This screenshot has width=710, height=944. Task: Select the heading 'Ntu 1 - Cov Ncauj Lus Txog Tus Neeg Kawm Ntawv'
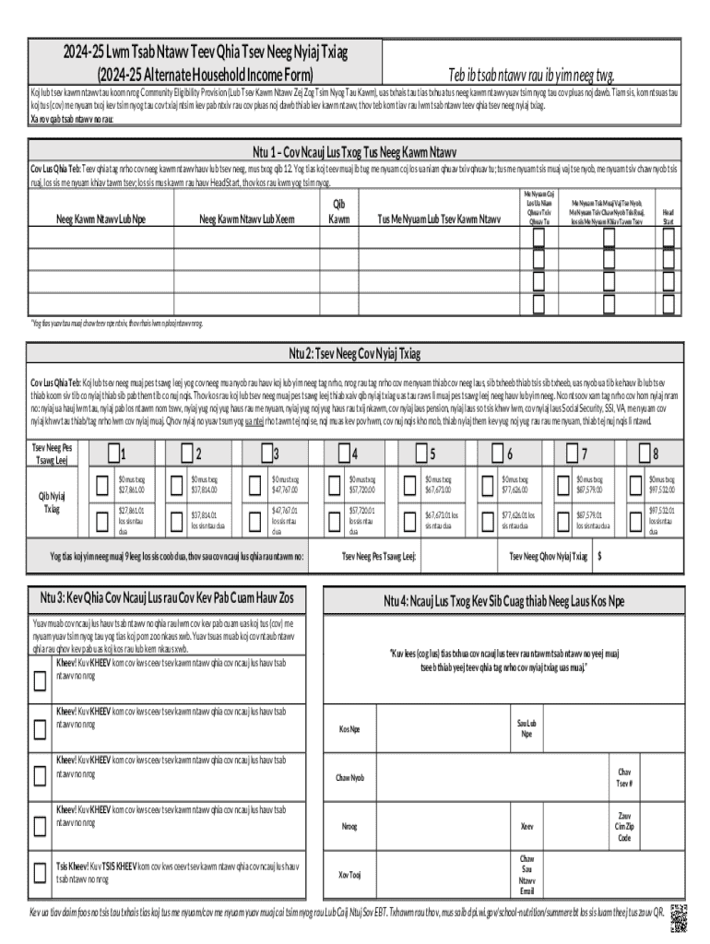coord(355,151)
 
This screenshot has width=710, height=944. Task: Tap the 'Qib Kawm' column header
coord(339,211)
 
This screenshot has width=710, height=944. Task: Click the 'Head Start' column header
coord(669,216)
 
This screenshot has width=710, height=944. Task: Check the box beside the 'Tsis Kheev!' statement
coord(40,872)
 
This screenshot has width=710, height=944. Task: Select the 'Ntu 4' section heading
coord(504,602)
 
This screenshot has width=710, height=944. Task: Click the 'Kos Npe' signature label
coord(349,729)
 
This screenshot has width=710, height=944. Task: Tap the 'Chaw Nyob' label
coord(349,777)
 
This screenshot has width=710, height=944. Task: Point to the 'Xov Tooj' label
coord(349,874)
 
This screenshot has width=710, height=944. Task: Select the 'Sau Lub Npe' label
coord(527,728)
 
